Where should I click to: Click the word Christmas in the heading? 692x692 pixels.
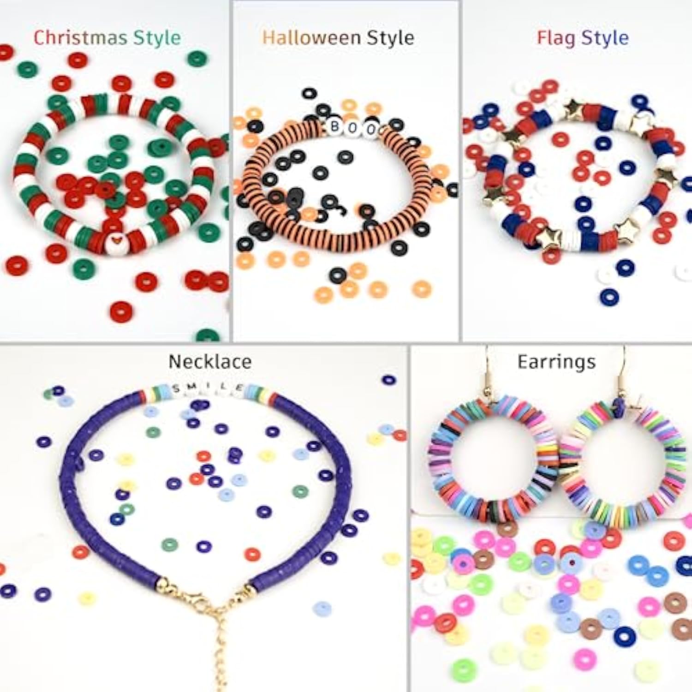[81, 37]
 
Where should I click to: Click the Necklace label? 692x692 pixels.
[210, 362]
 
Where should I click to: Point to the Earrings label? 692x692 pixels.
[556, 363]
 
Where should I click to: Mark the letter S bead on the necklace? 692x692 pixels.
[177, 389]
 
